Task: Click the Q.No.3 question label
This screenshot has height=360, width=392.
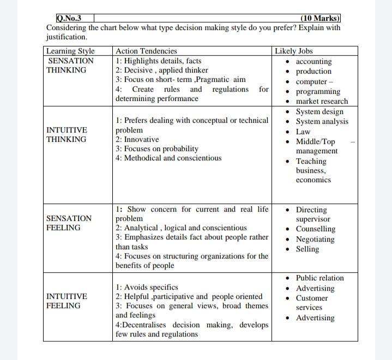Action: [x=69, y=19]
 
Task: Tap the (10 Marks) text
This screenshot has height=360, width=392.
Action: [x=320, y=19]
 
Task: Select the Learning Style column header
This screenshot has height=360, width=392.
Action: [x=70, y=51]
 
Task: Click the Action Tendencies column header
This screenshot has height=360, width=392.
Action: [x=146, y=51]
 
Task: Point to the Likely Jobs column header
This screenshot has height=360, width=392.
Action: [x=294, y=51]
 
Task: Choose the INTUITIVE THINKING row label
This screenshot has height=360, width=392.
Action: [x=67, y=135]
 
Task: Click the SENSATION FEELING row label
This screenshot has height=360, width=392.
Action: [x=69, y=223]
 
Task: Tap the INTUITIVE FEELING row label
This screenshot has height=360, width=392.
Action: [x=67, y=301]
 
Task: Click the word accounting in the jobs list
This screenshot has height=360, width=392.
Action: [x=313, y=62]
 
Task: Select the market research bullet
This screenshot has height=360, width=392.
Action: [x=321, y=101]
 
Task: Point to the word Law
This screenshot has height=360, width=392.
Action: [x=303, y=131]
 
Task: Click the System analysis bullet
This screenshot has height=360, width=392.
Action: [x=322, y=122]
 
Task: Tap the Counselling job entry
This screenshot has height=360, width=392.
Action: [x=315, y=229]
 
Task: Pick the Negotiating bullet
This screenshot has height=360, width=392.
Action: [x=315, y=239]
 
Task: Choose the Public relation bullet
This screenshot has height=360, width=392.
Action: [x=319, y=278]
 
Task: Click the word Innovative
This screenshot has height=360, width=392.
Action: [x=141, y=140]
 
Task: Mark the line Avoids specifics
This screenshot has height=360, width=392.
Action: [x=147, y=287]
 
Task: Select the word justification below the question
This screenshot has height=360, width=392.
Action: [x=66, y=37]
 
